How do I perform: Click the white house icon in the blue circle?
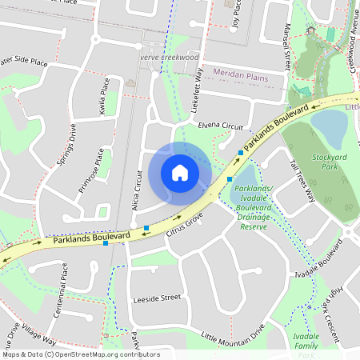tap(180, 172)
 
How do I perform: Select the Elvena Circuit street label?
tap(220, 126)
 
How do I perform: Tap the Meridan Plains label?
tap(249, 72)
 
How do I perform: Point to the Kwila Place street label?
tap(102, 97)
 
